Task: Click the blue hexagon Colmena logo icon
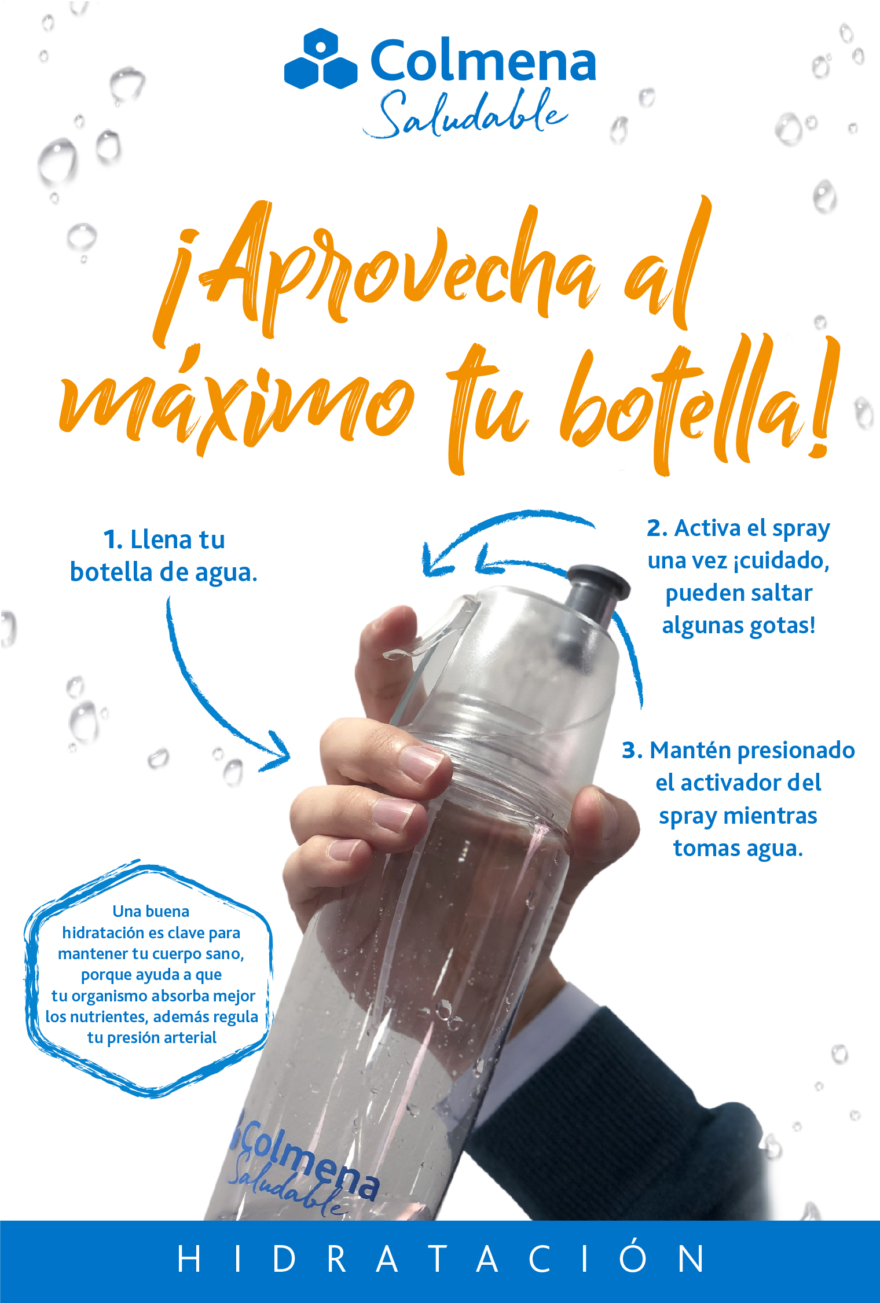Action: (x=321, y=58)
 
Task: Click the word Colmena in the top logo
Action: (x=483, y=60)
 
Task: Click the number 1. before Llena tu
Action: (x=113, y=540)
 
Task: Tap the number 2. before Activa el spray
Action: (x=657, y=528)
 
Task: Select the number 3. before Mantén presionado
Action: (x=632, y=750)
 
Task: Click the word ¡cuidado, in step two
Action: (x=781, y=560)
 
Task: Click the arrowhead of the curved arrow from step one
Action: (x=277, y=752)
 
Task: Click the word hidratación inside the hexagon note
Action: (x=103, y=933)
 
